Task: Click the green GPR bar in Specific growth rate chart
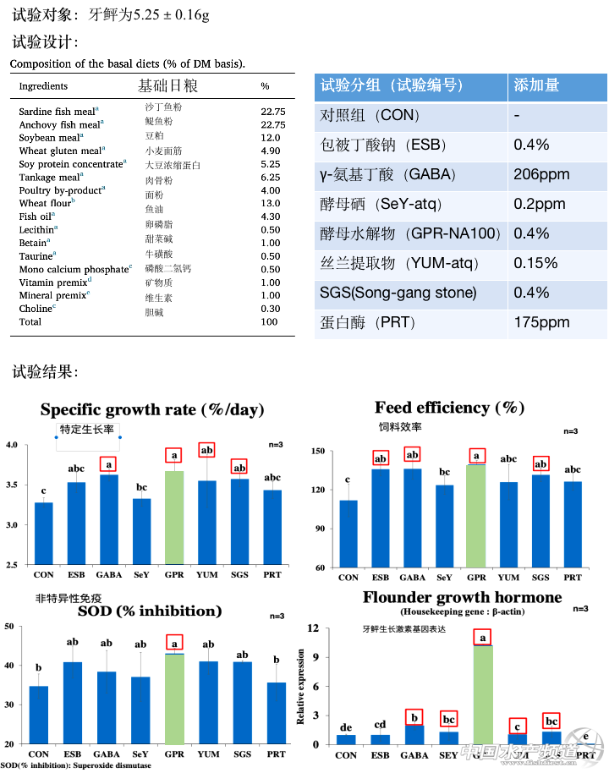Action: coord(173,518)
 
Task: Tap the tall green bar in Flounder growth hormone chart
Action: coord(483,694)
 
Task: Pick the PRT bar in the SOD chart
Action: coord(276,712)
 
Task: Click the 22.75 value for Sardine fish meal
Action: coord(273,112)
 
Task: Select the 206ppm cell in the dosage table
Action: coord(541,174)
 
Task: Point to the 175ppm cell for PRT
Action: coord(541,322)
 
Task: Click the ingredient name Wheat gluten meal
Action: coord(60,151)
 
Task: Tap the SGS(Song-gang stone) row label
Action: coord(398,293)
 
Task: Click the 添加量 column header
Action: coord(536,85)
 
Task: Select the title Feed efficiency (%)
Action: coord(449,408)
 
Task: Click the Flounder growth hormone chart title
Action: coord(462,597)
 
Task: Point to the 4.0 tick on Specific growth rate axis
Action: coord(13,445)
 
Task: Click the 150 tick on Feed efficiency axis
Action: coord(318,451)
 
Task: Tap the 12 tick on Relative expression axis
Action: coord(312,628)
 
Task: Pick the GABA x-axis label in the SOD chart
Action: coord(107,754)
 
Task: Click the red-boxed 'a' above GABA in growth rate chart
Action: coord(109,463)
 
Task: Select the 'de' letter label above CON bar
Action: coord(346,726)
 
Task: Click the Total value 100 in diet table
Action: coord(270,321)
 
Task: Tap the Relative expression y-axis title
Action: coord(300,686)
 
